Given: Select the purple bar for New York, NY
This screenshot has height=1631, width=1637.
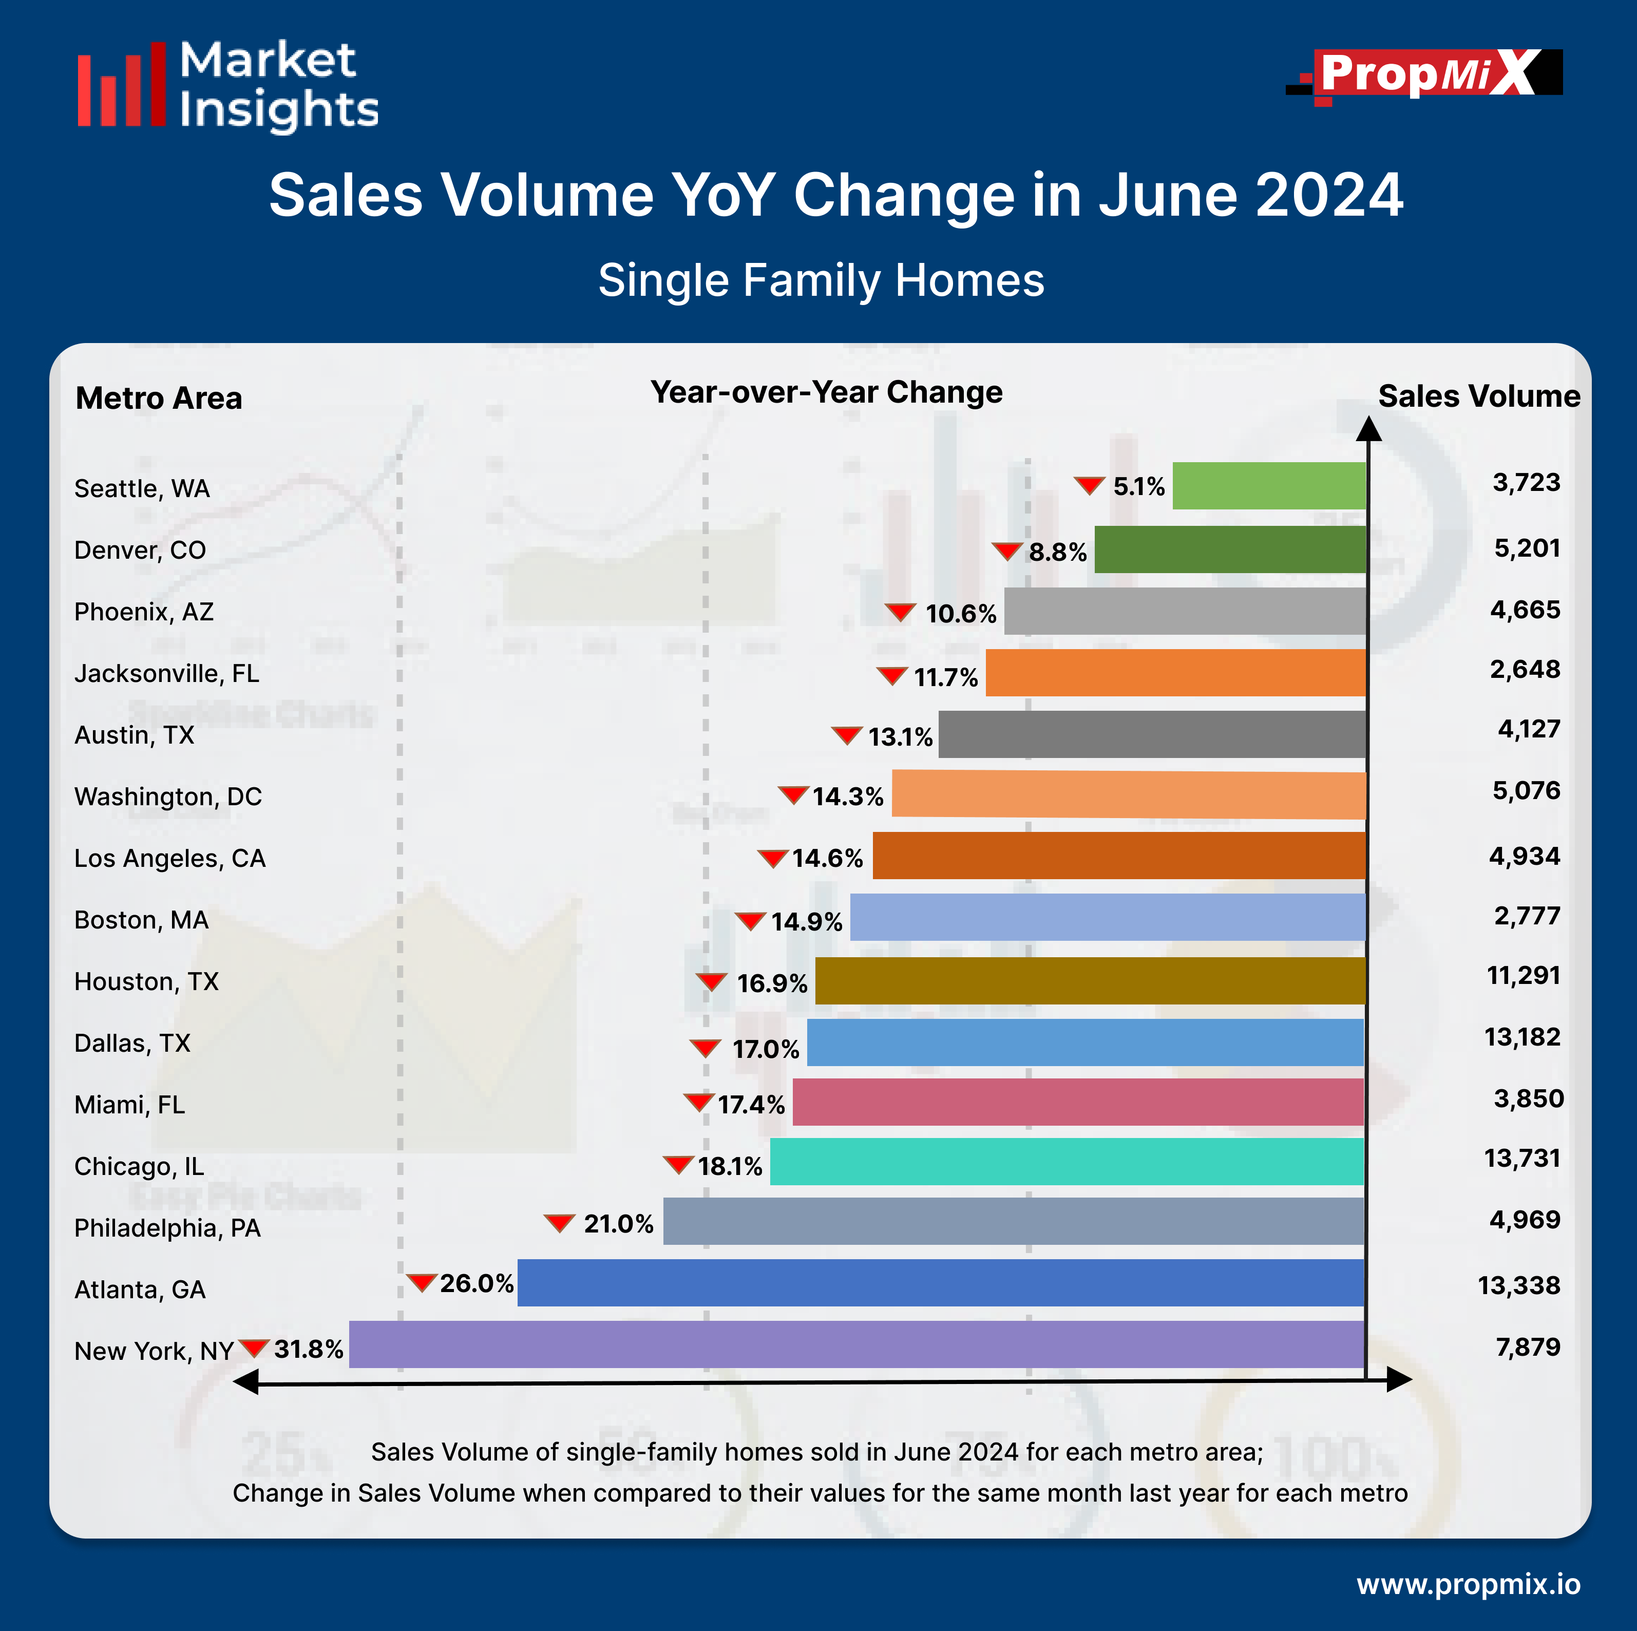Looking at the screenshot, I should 856,1344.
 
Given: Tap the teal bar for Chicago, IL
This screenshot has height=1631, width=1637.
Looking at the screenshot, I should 1066,1162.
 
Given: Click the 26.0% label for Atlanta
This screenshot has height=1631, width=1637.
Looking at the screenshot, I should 476,1284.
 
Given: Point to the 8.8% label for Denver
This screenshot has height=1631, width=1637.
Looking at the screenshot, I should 1057,553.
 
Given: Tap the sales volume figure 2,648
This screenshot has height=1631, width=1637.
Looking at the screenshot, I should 1525,669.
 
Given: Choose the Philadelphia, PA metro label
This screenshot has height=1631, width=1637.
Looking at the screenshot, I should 167,1228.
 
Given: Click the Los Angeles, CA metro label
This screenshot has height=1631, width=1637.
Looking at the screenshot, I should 169,858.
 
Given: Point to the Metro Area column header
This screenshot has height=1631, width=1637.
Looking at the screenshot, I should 159,398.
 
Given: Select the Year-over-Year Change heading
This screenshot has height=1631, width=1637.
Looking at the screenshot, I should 826,392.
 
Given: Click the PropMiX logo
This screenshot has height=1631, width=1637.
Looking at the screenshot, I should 1423,74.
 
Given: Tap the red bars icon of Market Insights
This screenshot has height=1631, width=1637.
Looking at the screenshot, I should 121,85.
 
